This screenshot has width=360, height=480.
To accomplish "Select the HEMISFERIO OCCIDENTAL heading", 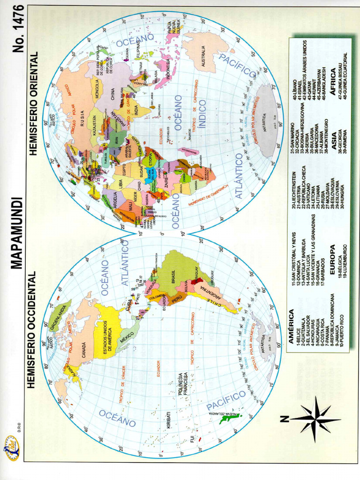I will [x=31, y=330].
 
